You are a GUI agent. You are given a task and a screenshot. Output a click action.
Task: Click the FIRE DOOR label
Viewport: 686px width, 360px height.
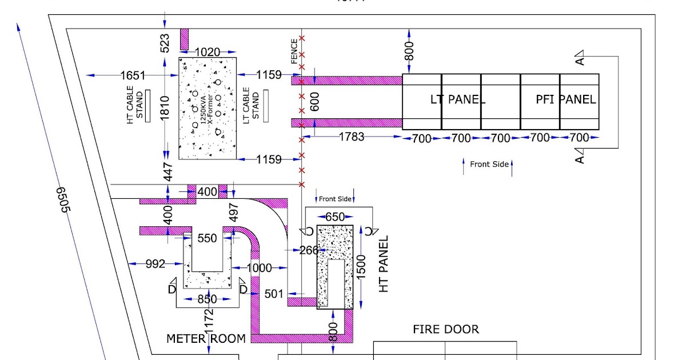(446, 329)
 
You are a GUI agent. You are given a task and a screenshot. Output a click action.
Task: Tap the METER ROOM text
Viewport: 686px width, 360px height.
(206, 338)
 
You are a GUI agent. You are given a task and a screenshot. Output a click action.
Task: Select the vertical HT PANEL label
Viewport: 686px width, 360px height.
(384, 263)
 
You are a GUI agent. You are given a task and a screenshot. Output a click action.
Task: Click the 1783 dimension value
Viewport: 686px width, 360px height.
(350, 137)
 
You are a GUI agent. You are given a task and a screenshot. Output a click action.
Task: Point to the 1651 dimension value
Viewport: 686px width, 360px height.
(133, 75)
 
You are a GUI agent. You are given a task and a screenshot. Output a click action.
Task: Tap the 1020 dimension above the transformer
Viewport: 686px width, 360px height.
(208, 52)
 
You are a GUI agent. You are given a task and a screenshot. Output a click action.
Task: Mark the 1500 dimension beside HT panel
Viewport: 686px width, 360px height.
(361, 267)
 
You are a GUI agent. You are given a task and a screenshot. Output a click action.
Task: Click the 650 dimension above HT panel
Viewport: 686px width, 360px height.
(335, 217)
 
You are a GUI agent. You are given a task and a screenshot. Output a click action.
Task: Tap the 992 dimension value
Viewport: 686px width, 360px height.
(155, 263)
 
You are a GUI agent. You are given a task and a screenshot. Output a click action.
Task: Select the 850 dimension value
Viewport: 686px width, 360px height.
(207, 299)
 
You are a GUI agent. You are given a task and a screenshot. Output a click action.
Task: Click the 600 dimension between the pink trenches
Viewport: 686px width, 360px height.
(314, 101)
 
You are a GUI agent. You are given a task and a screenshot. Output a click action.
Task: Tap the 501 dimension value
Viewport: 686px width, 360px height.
(274, 293)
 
